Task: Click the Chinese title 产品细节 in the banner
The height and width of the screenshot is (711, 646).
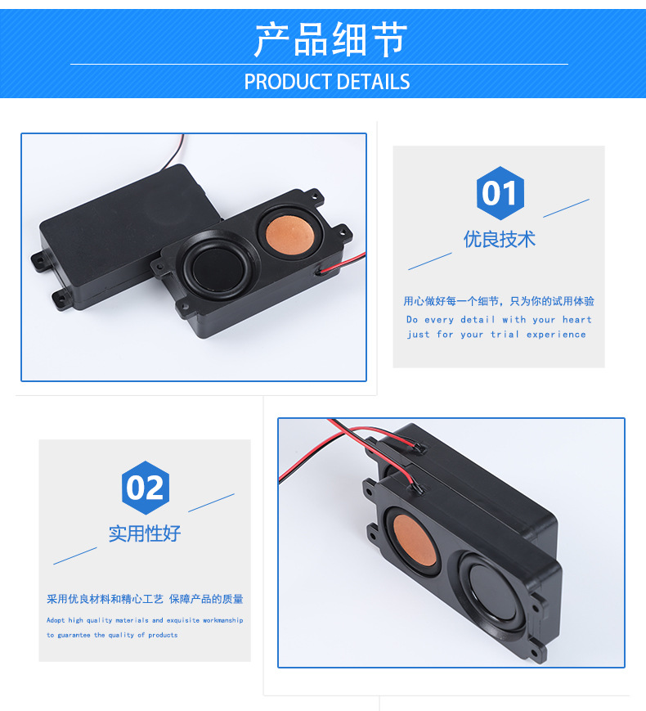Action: point(330,40)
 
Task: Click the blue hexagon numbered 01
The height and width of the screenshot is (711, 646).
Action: point(500,194)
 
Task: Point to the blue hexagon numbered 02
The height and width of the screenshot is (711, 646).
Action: point(145,488)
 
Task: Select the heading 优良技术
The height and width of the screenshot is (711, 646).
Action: point(499,239)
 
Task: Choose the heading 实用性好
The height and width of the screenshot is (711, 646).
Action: point(145,533)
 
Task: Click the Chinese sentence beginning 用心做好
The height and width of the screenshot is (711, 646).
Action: point(499,301)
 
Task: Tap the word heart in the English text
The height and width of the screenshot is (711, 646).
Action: point(576,320)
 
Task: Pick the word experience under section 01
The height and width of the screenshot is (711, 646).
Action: point(556,335)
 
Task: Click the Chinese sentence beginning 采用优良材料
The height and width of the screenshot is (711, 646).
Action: point(145,599)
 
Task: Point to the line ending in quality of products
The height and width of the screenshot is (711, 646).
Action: point(112,635)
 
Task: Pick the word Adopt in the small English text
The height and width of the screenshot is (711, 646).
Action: point(56,621)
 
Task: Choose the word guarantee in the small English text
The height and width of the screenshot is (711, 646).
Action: point(74,635)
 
